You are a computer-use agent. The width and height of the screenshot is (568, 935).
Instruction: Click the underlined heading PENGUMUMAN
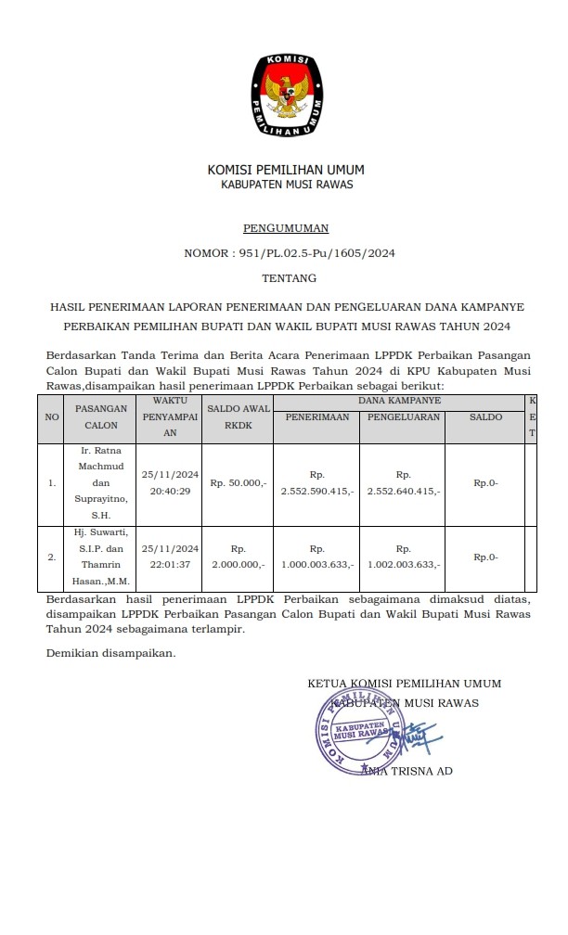click(285, 227)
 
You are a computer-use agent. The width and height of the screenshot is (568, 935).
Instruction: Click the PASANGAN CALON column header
click(101, 416)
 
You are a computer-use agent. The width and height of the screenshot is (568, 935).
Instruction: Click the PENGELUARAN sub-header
click(403, 417)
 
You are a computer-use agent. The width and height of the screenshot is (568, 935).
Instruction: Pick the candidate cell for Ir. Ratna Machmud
click(101, 482)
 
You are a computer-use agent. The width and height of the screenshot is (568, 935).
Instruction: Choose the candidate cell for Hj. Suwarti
click(101, 557)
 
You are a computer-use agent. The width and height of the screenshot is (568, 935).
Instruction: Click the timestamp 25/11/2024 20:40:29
click(170, 482)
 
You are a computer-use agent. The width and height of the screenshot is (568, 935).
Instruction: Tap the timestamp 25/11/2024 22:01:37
click(170, 557)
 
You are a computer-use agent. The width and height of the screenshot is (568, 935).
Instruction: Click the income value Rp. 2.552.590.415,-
click(317, 482)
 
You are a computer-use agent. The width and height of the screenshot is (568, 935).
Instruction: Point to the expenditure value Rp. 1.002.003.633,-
click(403, 557)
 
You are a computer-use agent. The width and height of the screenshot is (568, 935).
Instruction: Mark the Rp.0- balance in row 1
click(485, 482)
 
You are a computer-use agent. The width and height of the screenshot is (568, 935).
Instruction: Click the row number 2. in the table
click(52, 557)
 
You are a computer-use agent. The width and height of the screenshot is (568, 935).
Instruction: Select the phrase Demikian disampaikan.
click(110, 653)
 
